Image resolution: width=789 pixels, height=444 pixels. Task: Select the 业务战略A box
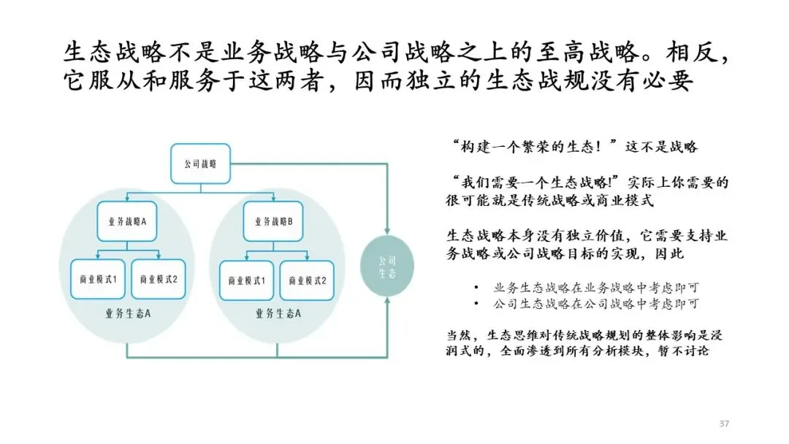pyautogui.click(x=128, y=221)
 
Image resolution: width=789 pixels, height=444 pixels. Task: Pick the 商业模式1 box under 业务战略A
pyautogui.click(x=98, y=279)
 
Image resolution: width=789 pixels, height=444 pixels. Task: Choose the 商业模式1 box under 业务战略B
pyautogui.click(x=247, y=279)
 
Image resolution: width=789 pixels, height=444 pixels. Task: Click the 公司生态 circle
pyautogui.click(x=387, y=266)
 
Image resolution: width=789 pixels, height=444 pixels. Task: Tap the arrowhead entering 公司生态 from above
pyautogui.click(x=387, y=231)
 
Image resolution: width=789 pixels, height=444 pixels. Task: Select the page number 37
pyautogui.click(x=725, y=424)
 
